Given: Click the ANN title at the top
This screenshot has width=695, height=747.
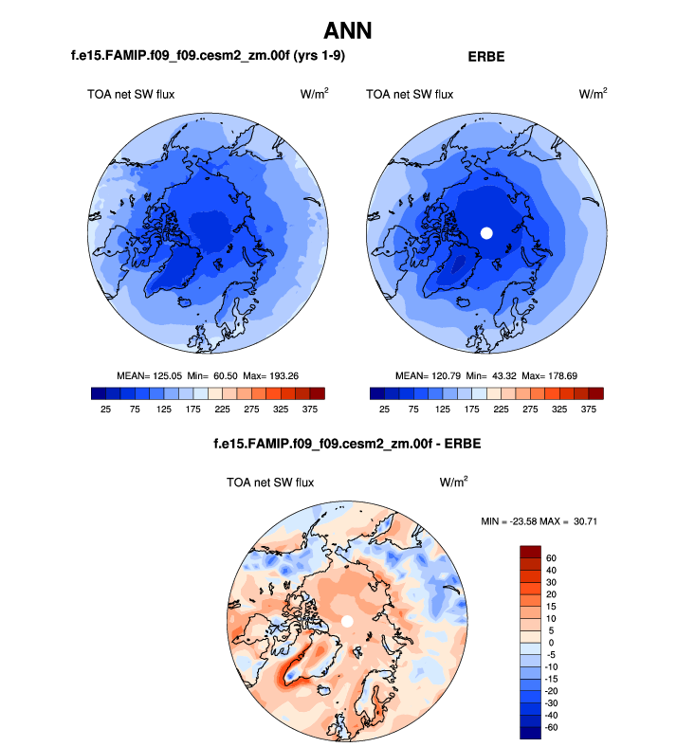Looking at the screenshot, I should click(x=347, y=30).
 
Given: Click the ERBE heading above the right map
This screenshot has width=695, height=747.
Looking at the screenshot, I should click(x=486, y=57).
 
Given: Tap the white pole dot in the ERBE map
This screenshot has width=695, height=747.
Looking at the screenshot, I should click(x=486, y=233).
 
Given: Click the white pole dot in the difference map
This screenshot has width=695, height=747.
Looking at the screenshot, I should click(x=347, y=620).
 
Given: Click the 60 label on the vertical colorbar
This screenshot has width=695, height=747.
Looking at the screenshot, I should click(x=551, y=557).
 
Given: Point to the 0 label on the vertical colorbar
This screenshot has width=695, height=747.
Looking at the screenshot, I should click(x=548, y=644).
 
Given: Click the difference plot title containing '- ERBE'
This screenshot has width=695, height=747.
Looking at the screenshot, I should click(x=346, y=444).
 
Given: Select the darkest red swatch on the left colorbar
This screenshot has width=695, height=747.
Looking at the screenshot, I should click(x=317, y=392).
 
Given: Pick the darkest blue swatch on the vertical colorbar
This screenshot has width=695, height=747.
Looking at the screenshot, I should click(x=529, y=729).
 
